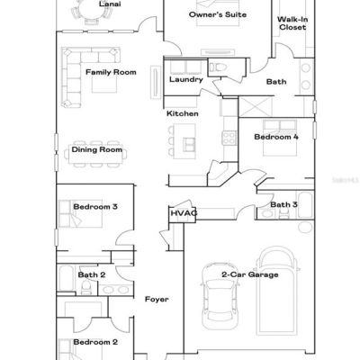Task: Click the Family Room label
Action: [111, 72]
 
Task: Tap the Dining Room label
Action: [97, 149]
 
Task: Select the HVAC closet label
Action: [184, 213]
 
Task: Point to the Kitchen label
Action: [183, 113]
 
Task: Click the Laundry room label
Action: [186, 79]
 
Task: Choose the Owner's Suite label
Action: [218, 14]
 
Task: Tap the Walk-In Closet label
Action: [292, 23]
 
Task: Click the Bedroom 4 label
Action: [276, 137]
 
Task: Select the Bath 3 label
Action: [283, 204]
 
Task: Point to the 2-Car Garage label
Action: [250, 274]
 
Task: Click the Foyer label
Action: [157, 299]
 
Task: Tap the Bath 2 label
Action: [92, 274]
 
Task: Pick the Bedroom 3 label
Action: [95, 207]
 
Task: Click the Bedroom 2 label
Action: [95, 342]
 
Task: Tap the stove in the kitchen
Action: [229, 138]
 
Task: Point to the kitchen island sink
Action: [189, 144]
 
